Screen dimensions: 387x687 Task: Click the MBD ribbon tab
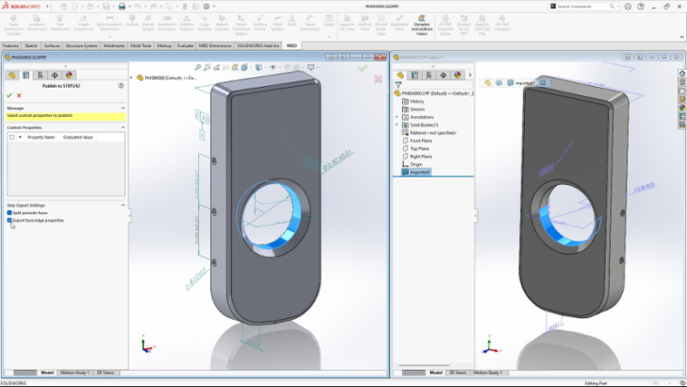point(292,44)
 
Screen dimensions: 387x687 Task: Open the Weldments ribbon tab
point(113,44)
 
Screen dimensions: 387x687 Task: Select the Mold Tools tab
point(142,44)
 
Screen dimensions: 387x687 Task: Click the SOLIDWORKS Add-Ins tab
point(258,44)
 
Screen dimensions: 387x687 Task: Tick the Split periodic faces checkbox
point(10,213)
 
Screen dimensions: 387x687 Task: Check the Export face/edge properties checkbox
point(10,220)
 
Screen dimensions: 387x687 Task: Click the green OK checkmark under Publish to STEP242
point(8,95)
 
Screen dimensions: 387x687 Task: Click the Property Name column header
point(42,137)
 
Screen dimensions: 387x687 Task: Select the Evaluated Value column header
point(77,137)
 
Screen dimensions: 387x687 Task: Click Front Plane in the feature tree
point(421,141)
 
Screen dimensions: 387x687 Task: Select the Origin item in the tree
point(416,164)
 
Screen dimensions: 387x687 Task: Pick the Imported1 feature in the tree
point(420,172)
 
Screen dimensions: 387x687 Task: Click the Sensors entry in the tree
point(417,109)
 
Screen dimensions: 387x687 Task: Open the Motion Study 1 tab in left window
point(75,373)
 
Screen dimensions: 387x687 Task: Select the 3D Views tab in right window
point(458,373)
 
